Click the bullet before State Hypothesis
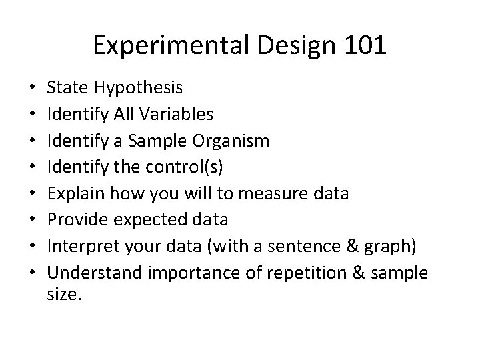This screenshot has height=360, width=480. tap(33, 87)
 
